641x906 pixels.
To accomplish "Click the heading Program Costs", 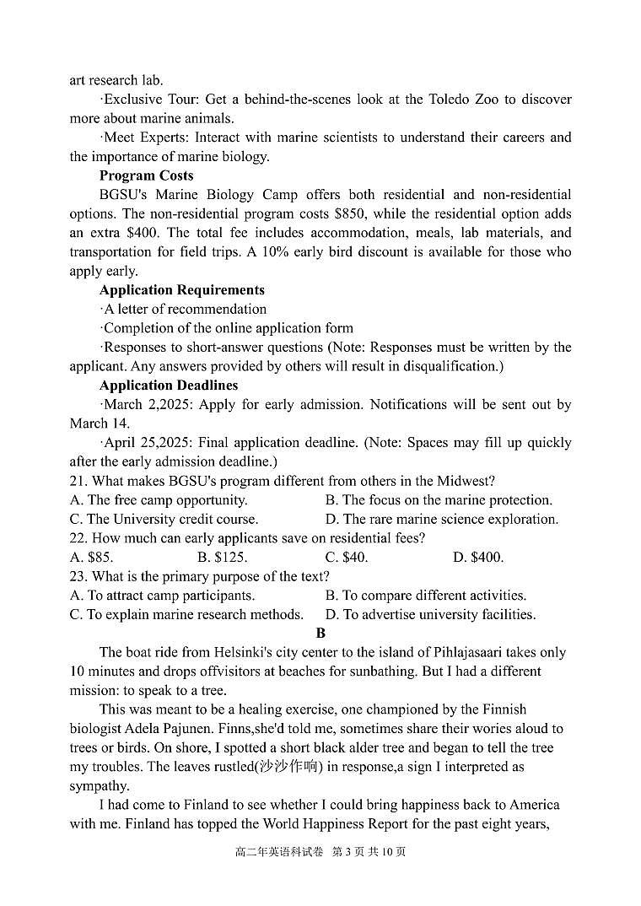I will point(146,175).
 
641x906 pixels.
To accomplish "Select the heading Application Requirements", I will point(181,289).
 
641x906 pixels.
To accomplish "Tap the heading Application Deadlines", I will point(168,385).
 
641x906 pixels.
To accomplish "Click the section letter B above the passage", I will point(320,633).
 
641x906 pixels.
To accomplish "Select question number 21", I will point(78,481).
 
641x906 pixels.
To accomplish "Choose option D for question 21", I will point(441,519).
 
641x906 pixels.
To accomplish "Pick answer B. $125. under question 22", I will point(224,557).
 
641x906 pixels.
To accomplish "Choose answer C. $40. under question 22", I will point(346,557).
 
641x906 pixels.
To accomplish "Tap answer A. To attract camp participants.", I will point(162,595).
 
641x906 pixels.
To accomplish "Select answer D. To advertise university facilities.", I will point(430,614).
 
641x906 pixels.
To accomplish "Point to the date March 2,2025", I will point(145,404).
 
